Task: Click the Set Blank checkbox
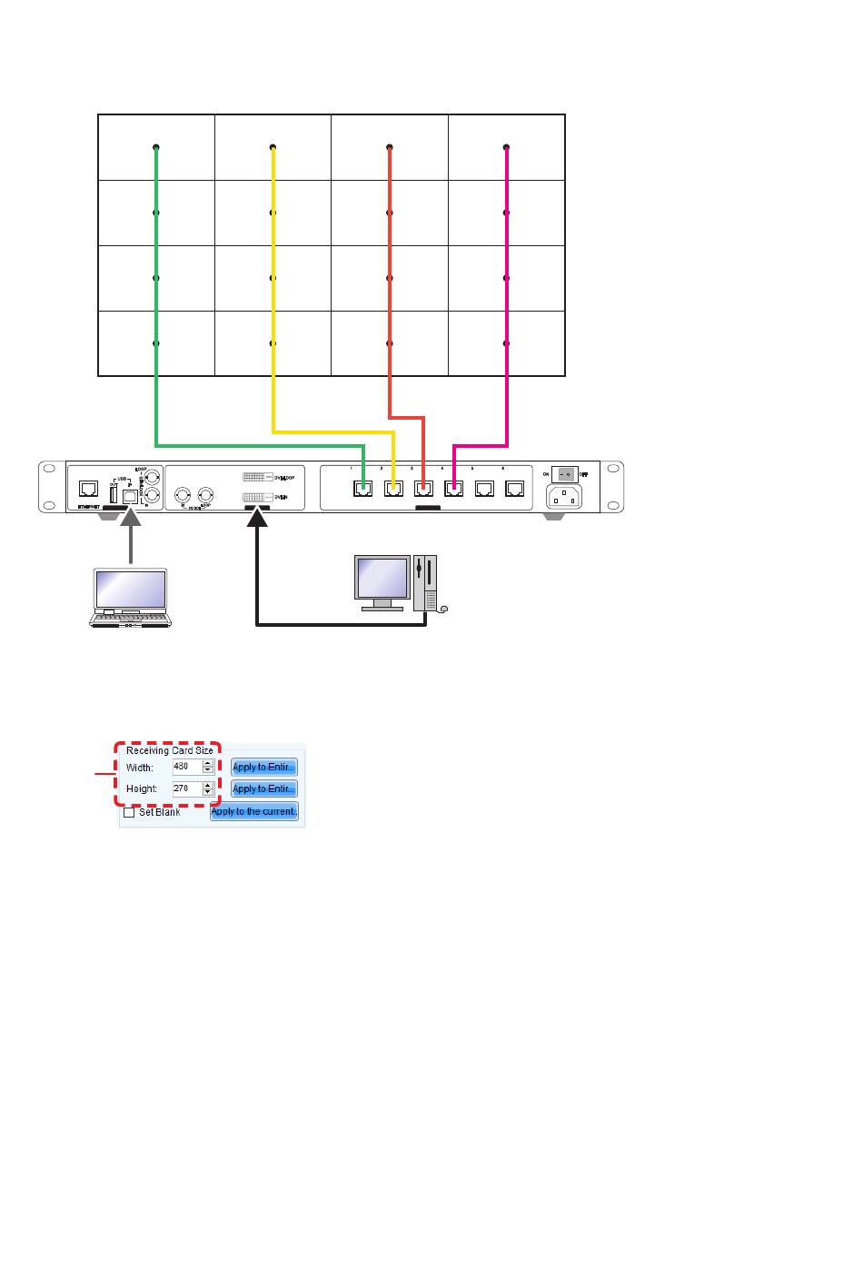click(129, 812)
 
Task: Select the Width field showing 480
click(186, 767)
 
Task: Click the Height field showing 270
click(186, 788)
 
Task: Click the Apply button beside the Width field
click(263, 767)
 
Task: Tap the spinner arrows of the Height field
click(208, 788)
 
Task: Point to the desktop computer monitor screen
click(382, 578)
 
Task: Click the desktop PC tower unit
click(424, 582)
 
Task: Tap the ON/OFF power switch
click(564, 474)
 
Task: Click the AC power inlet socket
click(563, 497)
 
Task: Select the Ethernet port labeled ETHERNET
click(89, 491)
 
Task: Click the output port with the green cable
click(363, 489)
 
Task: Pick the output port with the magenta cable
click(454, 489)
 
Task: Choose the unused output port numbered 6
click(515, 489)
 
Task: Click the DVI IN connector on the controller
click(255, 498)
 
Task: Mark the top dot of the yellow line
click(273, 147)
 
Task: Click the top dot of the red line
click(389, 147)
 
